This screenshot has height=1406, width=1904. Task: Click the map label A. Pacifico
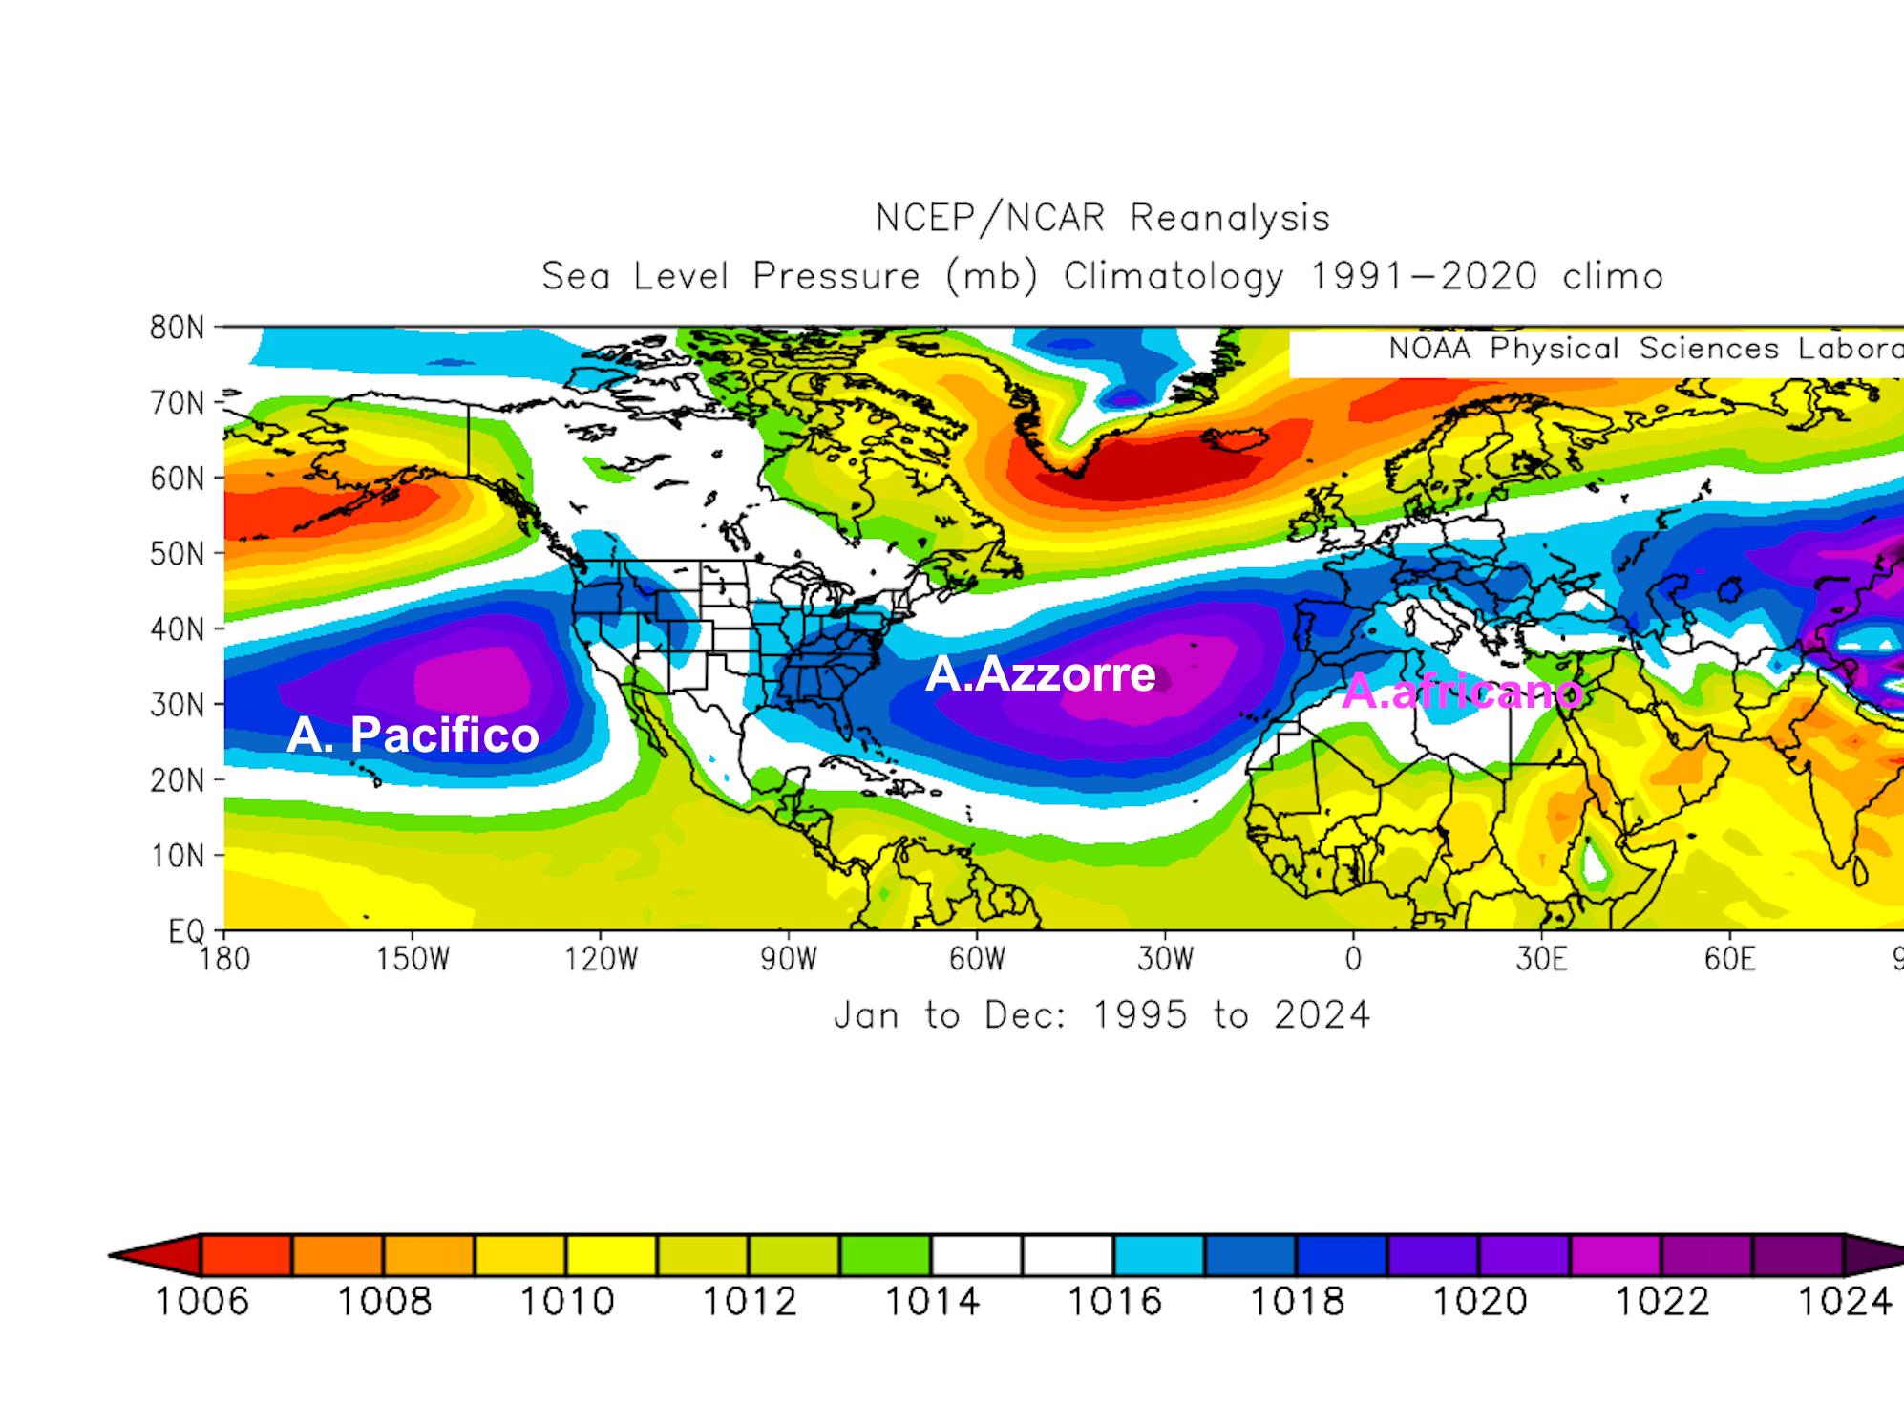tap(413, 735)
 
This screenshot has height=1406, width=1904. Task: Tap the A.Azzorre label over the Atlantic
tap(1041, 674)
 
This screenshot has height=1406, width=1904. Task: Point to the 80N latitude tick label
tap(178, 329)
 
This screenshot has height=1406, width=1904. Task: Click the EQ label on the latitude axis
tap(186, 931)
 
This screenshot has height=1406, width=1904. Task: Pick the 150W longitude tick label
tap(413, 959)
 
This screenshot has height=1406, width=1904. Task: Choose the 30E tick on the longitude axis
tap(1541, 959)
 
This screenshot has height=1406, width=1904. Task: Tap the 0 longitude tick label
tap(1352, 959)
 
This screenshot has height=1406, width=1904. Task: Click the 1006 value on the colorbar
tap(201, 1301)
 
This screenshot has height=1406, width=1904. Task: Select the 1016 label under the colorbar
tap(1113, 1301)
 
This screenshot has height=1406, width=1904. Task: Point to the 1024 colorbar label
tap(1844, 1301)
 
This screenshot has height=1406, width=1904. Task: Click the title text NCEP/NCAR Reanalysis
tap(1103, 219)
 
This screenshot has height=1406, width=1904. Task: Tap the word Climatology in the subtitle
tap(1174, 277)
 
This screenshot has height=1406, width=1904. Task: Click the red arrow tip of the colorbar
tap(124, 1255)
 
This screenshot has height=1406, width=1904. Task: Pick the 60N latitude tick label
tap(178, 479)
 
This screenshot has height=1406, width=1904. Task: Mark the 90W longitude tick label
tap(789, 959)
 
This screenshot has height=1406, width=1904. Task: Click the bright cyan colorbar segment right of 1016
tap(1158, 1255)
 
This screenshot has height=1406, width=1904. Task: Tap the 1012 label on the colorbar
tap(750, 1301)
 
